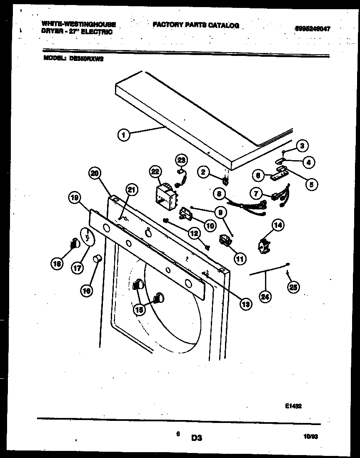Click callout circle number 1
[123, 134]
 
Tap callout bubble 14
[278, 226]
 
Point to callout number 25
[294, 287]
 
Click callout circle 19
[75, 199]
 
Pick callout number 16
[87, 292]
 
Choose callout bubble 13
[246, 304]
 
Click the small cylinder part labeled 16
[98, 259]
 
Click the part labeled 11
[225, 241]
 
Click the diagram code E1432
[293, 405]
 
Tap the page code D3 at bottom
[197, 438]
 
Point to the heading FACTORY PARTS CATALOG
[196, 25]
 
